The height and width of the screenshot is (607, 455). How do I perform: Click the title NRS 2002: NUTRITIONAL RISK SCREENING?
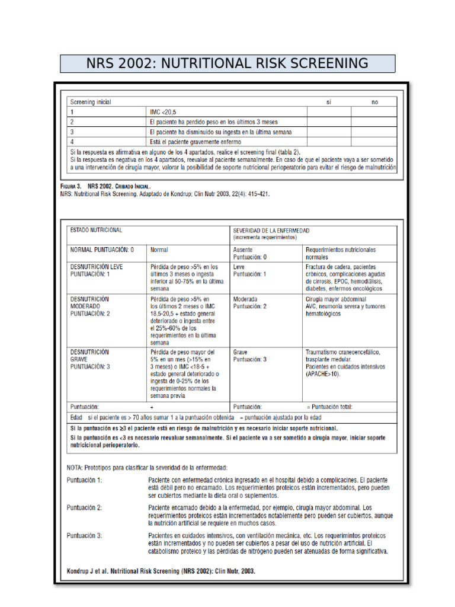pos(227,63)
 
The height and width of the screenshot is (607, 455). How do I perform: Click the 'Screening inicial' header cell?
pos(90,102)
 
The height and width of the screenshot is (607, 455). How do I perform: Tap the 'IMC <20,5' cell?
pos(164,111)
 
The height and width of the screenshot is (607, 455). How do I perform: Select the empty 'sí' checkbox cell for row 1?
pos(328,111)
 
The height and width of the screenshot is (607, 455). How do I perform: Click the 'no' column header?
pos(374,102)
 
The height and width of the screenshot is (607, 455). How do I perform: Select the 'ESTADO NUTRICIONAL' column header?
pos(96,229)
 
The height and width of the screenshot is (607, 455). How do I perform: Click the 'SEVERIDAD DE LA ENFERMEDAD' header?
pos(271,229)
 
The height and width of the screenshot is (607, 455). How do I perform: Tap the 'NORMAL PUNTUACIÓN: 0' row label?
pos(102,250)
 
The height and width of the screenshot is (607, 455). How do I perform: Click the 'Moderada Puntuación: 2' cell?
pos(250,302)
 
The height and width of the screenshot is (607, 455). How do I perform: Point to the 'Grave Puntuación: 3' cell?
pos(250,356)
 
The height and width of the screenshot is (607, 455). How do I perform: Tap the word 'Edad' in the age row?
pos(76,417)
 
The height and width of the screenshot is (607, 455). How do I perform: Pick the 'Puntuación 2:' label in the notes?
pos(84,507)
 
